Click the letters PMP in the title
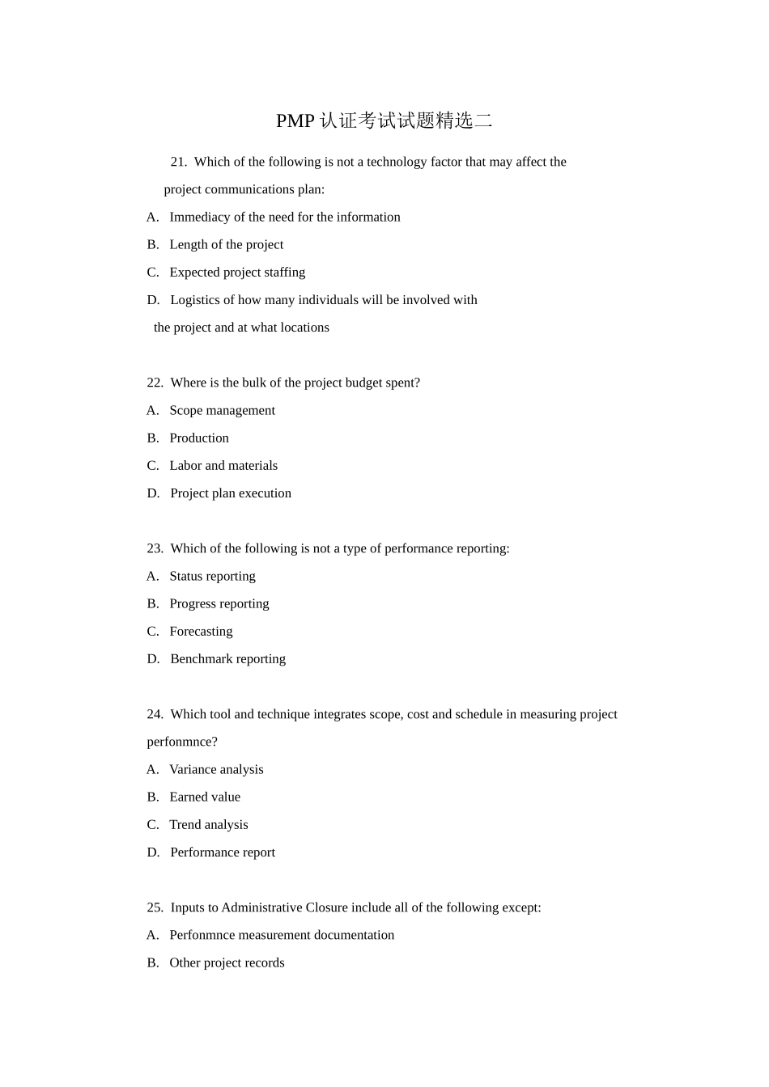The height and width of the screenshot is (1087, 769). pos(295,121)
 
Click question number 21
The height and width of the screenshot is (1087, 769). pos(178,162)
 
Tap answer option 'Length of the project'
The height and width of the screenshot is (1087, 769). pos(226,244)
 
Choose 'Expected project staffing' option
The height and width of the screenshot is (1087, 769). pos(237,272)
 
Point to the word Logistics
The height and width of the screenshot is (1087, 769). pos(197,300)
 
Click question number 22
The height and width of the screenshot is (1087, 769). pos(155,383)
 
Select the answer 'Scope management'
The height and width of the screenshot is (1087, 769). pos(222,410)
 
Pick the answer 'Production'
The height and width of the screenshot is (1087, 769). pos(199,438)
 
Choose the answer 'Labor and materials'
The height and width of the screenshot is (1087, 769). pos(223,465)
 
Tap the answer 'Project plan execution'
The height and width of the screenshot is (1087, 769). pos(231,493)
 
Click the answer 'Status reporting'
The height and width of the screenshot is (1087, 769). pos(212,576)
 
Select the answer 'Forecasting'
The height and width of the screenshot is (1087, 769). pos(201,631)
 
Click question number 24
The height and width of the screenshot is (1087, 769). pos(155,714)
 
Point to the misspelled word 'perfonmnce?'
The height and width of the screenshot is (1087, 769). pos(182,742)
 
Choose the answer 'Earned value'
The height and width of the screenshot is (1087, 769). pos(205,797)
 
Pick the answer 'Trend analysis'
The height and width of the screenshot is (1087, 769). pos(209,824)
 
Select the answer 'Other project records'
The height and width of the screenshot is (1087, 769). pos(227,962)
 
